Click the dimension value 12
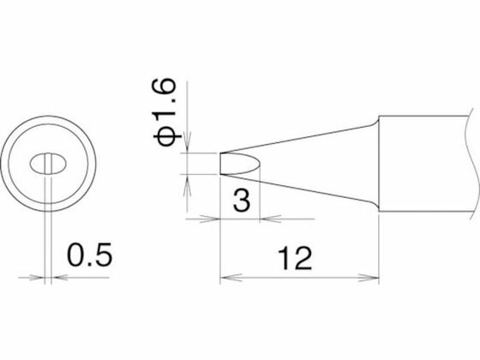pyautogui.click(x=295, y=259)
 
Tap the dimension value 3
pyautogui.click(x=242, y=201)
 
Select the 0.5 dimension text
pyautogui.click(x=89, y=255)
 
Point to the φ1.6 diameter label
pyautogui.click(x=164, y=112)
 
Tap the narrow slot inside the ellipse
pyautogui.click(x=48, y=164)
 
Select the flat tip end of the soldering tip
pyautogui.click(x=220, y=164)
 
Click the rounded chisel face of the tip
pyautogui.click(x=240, y=164)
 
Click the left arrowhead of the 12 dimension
pyautogui.click(x=231, y=278)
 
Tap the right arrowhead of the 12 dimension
pyautogui.click(x=369, y=278)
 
